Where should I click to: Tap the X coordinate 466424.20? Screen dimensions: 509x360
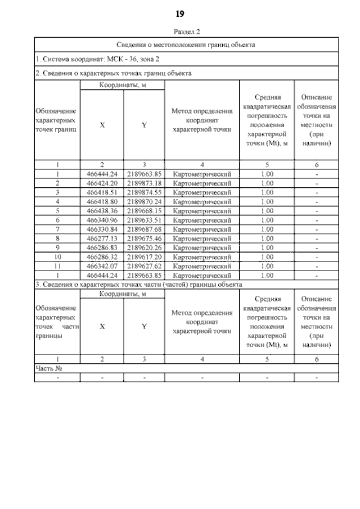pyautogui.click(x=102, y=183)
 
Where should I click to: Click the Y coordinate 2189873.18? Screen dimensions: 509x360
pyautogui.click(x=144, y=183)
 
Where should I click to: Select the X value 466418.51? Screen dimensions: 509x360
pyautogui.click(x=102, y=192)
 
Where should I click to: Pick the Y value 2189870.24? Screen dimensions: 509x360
pyautogui.click(x=144, y=201)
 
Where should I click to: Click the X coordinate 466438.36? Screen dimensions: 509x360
pyautogui.click(x=102, y=211)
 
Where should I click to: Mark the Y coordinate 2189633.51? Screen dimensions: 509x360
pyautogui.click(x=144, y=220)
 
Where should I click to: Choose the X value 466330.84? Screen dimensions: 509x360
pyautogui.click(x=102, y=229)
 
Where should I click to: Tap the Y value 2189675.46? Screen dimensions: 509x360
pyautogui.click(x=144, y=238)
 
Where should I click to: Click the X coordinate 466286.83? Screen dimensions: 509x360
pyautogui.click(x=102, y=247)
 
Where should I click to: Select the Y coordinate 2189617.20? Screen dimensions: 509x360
pyautogui.click(x=144, y=257)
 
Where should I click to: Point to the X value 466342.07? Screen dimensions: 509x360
pyautogui.click(x=102, y=266)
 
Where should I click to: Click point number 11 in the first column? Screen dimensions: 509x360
pyautogui.click(x=57, y=266)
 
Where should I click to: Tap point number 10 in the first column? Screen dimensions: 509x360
pyautogui.click(x=57, y=257)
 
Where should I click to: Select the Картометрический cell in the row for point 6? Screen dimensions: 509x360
pyautogui.click(x=202, y=220)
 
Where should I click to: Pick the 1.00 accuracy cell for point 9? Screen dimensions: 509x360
pyautogui.click(x=267, y=247)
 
